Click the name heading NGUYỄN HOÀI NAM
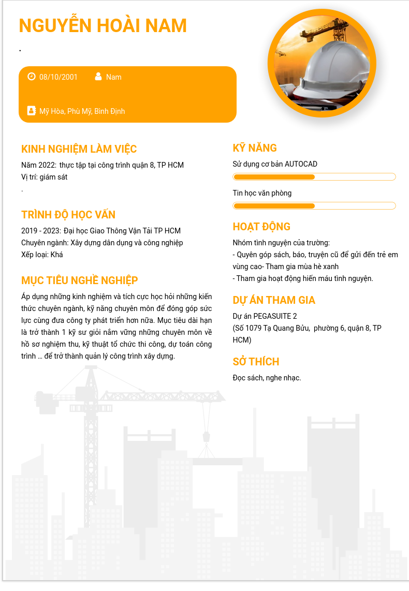coord(103,26)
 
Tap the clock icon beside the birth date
coord(32,77)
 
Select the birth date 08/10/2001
coord(59,77)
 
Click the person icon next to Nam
coord(98,77)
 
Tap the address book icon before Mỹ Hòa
coord(32,111)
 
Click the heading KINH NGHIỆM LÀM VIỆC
coord(79,149)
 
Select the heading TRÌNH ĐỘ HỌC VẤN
coord(68,215)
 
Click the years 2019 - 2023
coord(40,231)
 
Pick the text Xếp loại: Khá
coord(42,255)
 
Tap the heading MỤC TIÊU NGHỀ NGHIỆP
coord(80,280)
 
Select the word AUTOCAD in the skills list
coord(301,164)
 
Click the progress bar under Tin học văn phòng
coord(314,206)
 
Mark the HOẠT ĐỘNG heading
coord(261,227)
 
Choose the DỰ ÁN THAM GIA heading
coord(274,300)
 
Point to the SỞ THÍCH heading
coord(256,362)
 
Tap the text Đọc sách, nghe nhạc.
coord(267,378)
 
